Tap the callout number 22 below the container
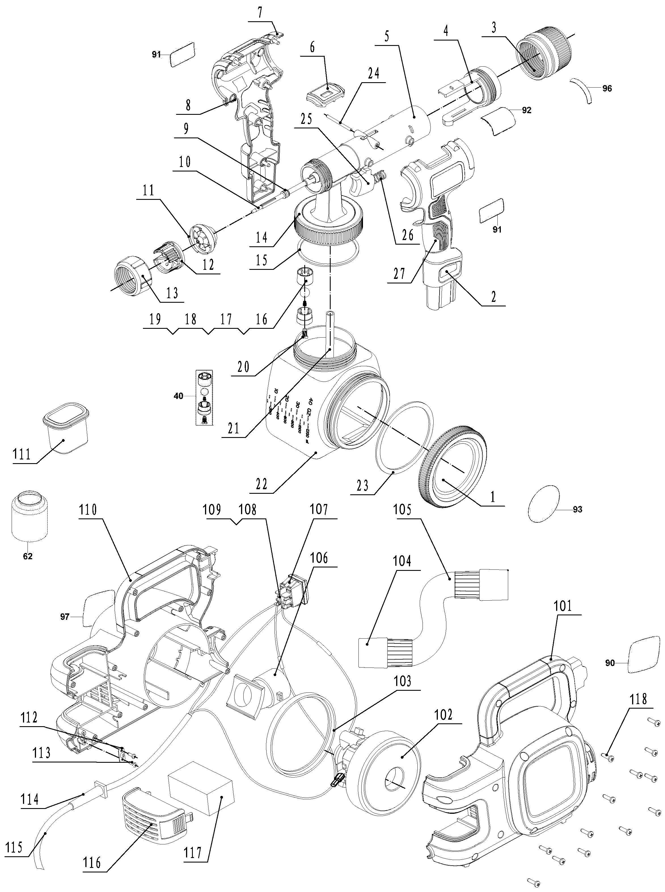click(262, 484)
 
